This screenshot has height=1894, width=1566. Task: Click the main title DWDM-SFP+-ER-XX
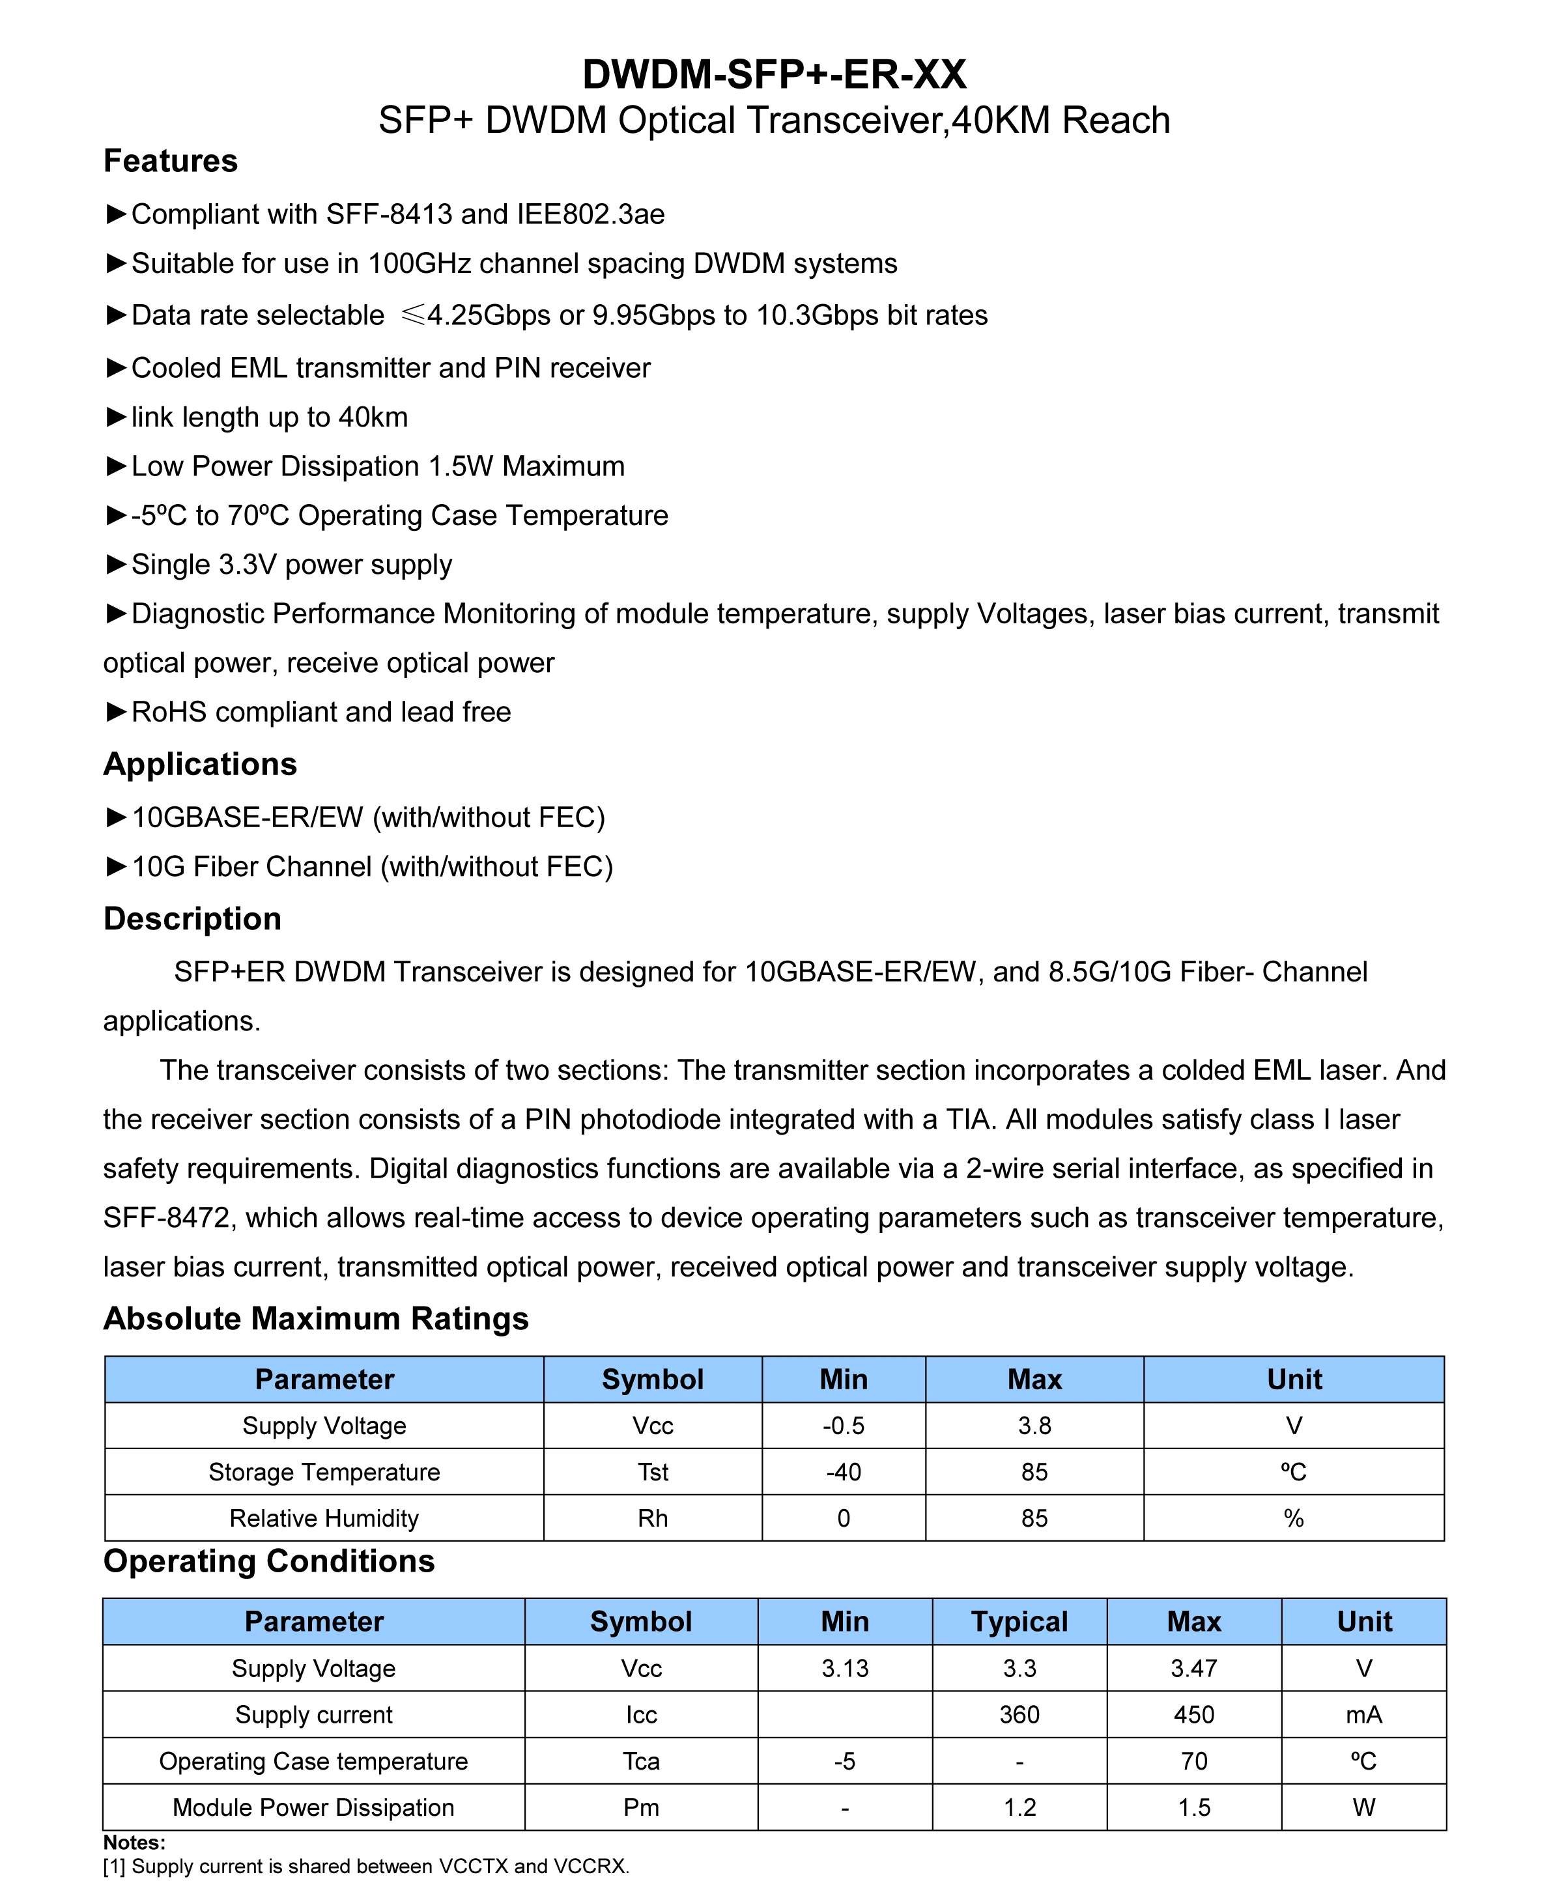coord(774,74)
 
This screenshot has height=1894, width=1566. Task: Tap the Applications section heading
coord(200,764)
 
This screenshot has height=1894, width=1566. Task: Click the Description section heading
coord(192,918)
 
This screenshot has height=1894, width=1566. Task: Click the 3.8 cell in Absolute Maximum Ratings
coord(1034,1426)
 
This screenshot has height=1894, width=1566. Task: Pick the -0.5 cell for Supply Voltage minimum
coord(844,1426)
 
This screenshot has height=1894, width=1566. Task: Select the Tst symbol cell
coord(653,1472)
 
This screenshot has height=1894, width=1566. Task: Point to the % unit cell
coord(1294,1518)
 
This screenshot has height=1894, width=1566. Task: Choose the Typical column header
coord(1019,1622)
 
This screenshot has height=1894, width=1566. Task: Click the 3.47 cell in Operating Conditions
coord(1193,1669)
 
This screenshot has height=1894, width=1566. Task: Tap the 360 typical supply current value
coord(1019,1714)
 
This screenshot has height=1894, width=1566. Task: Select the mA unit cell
coord(1364,1714)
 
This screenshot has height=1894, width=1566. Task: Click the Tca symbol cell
coord(642,1761)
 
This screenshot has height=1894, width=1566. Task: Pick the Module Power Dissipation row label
coord(313,1807)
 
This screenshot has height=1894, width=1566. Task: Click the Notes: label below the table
coord(134,1842)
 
